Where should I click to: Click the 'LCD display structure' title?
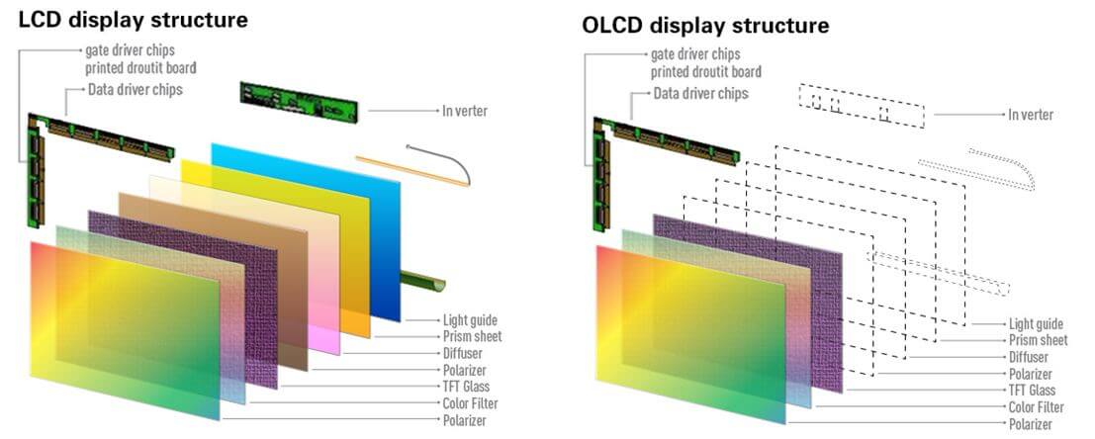click(133, 19)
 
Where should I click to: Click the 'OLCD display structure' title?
click(705, 26)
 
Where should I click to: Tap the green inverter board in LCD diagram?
click(299, 102)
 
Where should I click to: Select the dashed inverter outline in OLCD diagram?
click(862, 106)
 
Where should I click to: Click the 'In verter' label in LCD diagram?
click(464, 111)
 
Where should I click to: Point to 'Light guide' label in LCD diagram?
click(470, 320)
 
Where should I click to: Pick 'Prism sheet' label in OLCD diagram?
click(1038, 340)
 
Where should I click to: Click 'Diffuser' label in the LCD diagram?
click(462, 353)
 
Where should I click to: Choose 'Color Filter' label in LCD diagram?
click(470, 403)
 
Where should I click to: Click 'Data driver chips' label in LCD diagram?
click(135, 89)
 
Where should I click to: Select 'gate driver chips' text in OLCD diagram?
click(694, 53)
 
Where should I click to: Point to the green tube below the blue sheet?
click(423, 281)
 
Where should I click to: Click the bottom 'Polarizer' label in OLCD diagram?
click(1030, 423)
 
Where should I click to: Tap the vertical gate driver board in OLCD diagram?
click(600, 178)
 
